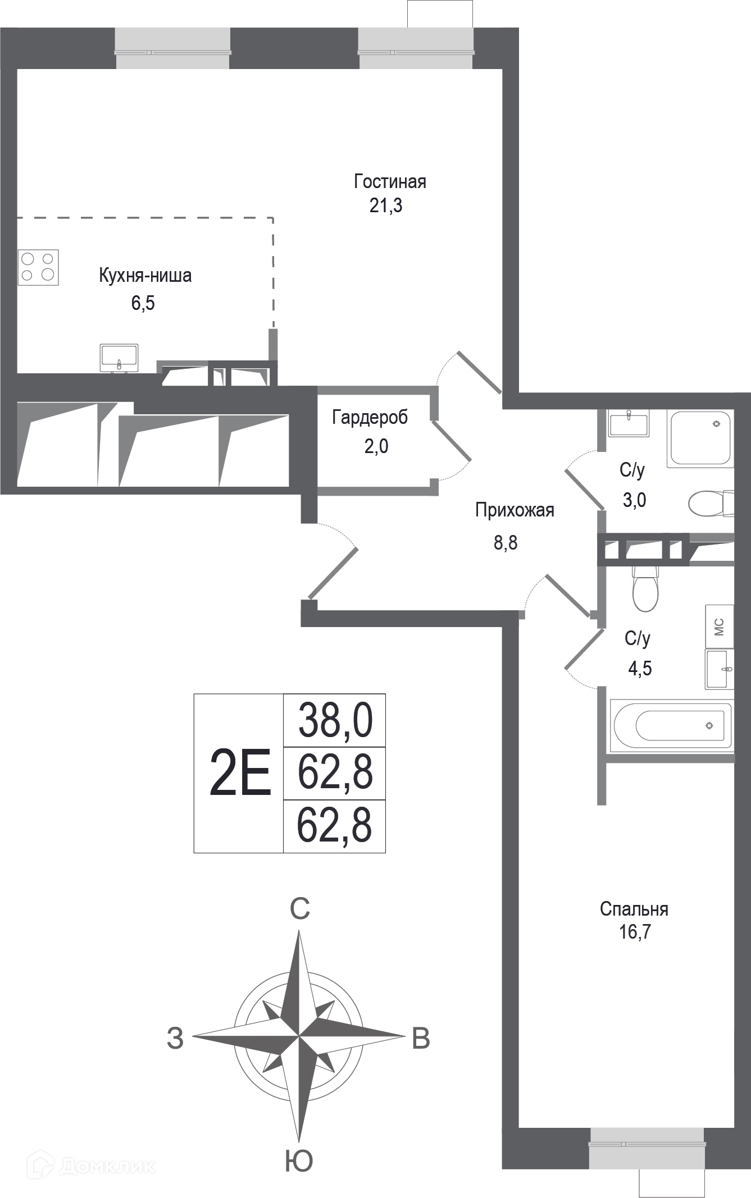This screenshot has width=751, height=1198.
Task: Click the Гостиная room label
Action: [x=390, y=182]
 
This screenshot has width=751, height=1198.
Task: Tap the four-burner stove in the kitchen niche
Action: [x=38, y=267]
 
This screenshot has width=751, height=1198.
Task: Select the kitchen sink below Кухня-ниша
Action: [x=119, y=358]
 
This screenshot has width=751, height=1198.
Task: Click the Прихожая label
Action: [x=515, y=510]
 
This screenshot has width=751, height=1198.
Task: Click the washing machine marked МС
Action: [x=720, y=627]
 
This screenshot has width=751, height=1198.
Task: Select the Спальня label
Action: [x=634, y=909]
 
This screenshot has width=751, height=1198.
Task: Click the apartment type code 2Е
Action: [x=240, y=772]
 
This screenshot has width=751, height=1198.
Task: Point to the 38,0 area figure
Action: [x=335, y=720]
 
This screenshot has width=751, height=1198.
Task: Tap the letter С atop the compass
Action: [x=299, y=908]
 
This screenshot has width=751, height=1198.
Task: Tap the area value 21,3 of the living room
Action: [x=386, y=206]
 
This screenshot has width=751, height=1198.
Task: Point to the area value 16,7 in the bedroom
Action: [x=635, y=932]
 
